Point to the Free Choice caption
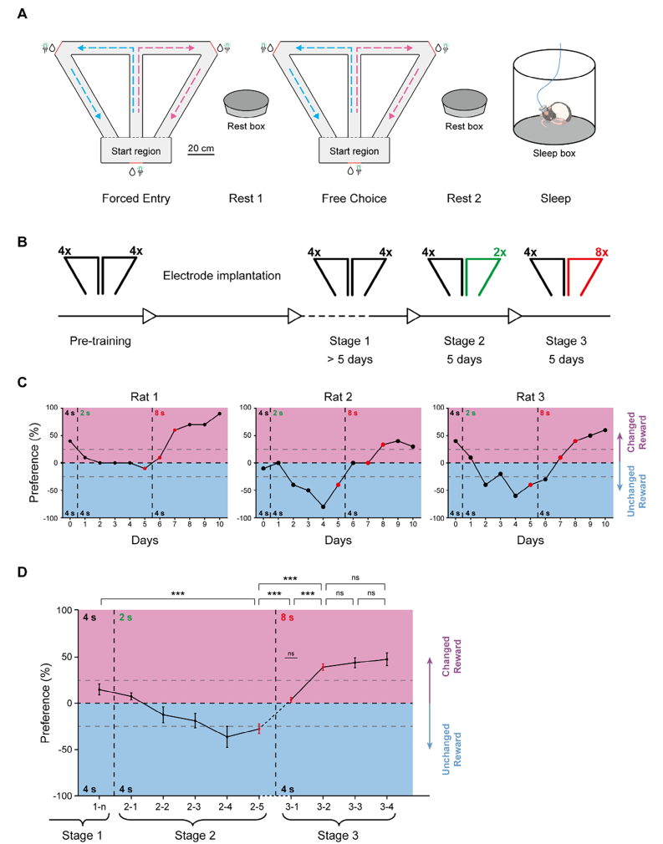[x=354, y=199]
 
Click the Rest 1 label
[x=247, y=199]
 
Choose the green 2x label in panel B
[x=500, y=251]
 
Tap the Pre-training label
[x=102, y=341]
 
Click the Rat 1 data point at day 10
[x=220, y=414]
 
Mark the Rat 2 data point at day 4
[x=323, y=506]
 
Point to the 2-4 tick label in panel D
[x=227, y=806]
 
